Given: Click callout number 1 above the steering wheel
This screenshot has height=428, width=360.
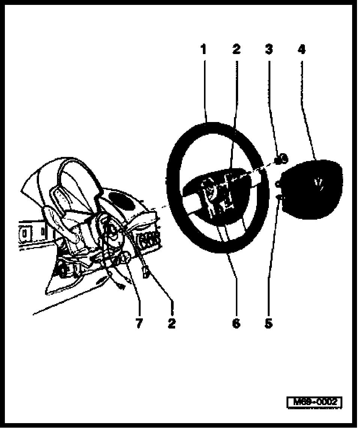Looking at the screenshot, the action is coord(203,49).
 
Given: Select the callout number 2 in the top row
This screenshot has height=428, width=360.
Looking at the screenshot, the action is coord(236,49).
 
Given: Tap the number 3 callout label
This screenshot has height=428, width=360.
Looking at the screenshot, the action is coord(268,49).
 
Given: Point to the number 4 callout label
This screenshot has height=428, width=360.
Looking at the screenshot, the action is coord(301,49).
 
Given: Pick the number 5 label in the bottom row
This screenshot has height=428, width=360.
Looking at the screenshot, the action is coord(268,323).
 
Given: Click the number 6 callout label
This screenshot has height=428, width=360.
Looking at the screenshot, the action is coord(236,323).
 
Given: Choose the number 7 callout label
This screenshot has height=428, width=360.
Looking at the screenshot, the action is coord(139,323).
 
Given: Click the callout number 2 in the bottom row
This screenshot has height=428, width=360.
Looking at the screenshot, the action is coord(172,323).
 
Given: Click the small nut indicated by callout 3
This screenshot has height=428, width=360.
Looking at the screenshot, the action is coord(281,159).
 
